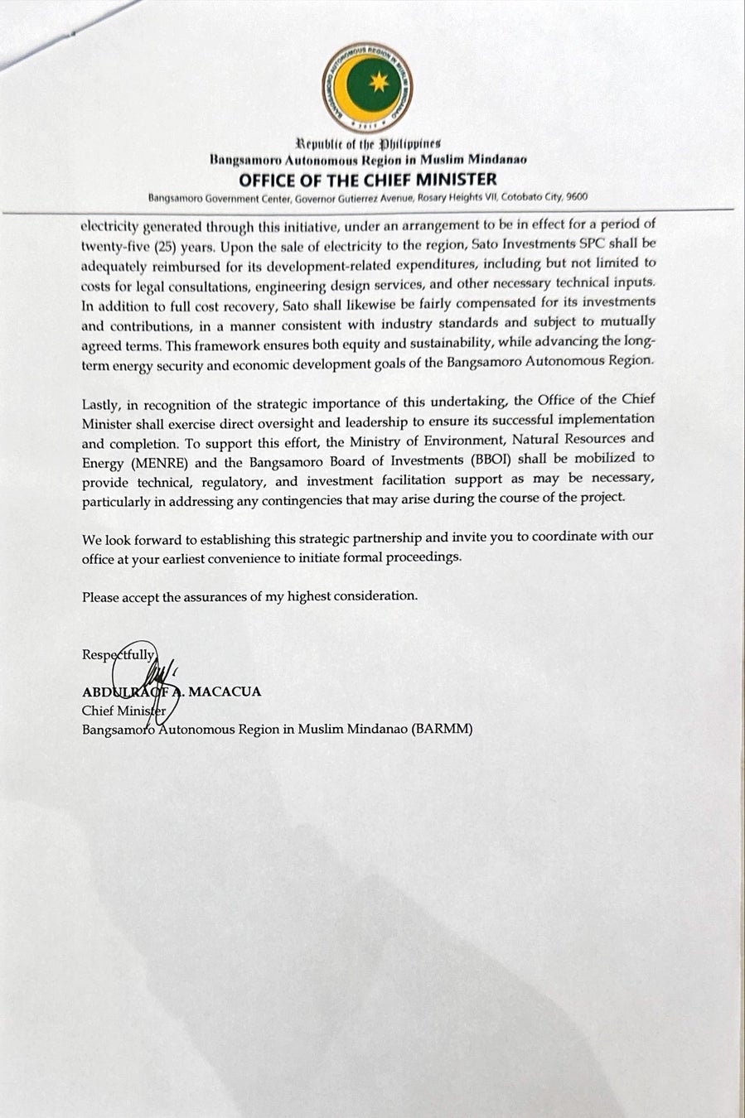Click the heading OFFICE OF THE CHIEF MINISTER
pos(368,180)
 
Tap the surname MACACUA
pos(225,691)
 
